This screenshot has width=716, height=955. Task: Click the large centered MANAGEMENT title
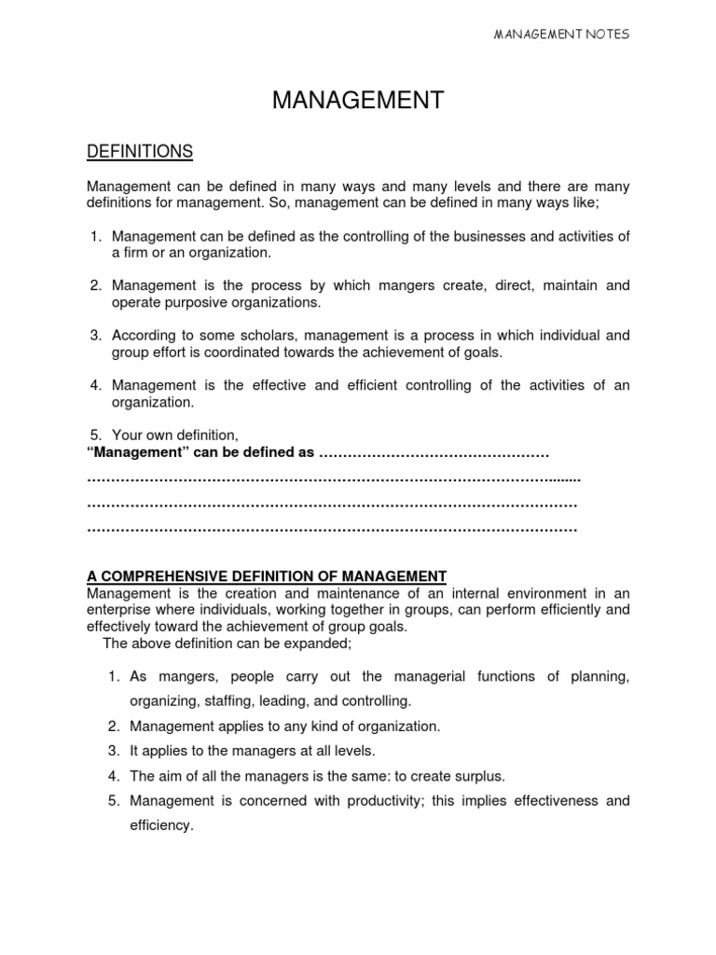[358, 101]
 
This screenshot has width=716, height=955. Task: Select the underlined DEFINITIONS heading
[140, 151]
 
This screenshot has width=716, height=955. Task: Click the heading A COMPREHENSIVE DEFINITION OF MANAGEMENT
[267, 575]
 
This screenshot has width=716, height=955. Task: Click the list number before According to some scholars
[95, 335]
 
